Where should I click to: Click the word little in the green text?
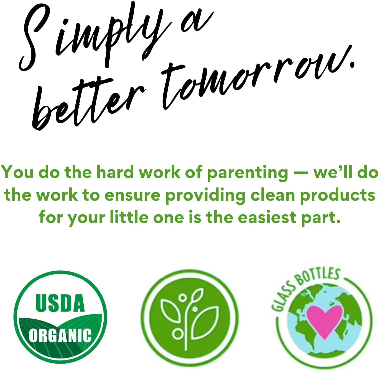click(x=129, y=217)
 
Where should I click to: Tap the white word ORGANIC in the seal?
click(x=60, y=335)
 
